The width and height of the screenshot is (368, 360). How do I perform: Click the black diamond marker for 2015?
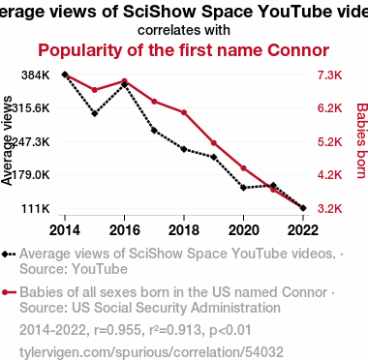pos(95,113)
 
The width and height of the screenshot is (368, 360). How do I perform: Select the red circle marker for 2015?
pos(95,90)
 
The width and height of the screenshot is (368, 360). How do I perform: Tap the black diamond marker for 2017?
pos(154,131)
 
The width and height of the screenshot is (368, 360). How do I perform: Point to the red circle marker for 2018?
pos(184,112)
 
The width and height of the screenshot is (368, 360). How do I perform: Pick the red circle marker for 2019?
pos(214,143)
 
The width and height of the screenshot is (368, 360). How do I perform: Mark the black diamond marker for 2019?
pos(214,157)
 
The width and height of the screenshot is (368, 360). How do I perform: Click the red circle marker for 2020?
pos(244,168)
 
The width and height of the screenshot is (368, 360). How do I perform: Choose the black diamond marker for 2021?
pos(273,186)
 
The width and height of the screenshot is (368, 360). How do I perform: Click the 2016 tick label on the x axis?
pos(125,230)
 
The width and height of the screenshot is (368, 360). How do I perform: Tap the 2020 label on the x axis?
pos(244,230)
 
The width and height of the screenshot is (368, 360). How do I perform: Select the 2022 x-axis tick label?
pos(303,230)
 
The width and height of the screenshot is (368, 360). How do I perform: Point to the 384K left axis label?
pos(36,75)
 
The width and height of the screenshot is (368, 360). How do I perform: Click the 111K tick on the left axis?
pos(36,208)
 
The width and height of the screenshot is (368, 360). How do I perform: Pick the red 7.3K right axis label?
pos(329,75)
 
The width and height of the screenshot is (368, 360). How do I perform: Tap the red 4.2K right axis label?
pos(329,175)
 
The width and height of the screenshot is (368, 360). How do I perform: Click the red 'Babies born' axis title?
pos(361,140)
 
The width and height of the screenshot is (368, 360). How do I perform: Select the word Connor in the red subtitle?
pos(298,50)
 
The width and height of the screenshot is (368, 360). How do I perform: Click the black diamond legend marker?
pos(5,254)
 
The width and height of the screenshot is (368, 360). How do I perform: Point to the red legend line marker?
pos(9,292)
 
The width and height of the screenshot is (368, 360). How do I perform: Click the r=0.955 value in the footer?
pos(117,330)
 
